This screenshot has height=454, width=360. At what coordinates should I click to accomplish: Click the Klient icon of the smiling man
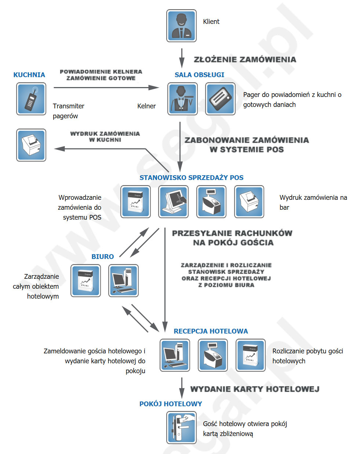click(x=181, y=26)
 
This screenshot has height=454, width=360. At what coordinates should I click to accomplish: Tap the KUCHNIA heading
click(x=29, y=75)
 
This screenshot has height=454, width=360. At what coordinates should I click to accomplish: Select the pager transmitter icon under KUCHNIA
click(x=31, y=99)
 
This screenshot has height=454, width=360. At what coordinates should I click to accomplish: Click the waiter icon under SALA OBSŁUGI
click(x=182, y=99)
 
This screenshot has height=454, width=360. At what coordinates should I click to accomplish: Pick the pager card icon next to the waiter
click(x=220, y=99)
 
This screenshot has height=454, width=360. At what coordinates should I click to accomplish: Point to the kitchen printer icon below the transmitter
click(x=31, y=145)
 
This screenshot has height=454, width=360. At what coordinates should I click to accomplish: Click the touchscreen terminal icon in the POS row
click(x=173, y=202)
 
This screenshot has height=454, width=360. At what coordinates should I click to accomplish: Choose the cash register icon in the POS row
click(x=211, y=202)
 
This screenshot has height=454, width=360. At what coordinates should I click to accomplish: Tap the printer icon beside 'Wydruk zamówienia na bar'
click(x=249, y=202)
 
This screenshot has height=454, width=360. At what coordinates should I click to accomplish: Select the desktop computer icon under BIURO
click(x=124, y=281)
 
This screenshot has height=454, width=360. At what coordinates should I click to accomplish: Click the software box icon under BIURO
click(x=86, y=281)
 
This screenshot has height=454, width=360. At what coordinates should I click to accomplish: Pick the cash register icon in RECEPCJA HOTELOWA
click(x=213, y=355)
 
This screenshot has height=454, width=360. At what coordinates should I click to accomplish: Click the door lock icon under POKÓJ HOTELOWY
click(x=181, y=428)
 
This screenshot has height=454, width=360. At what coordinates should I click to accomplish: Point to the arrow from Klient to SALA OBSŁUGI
click(x=182, y=58)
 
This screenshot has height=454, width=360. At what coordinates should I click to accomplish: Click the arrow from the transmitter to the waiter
click(x=106, y=87)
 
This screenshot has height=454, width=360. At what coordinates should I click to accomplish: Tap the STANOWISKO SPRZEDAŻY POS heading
click(x=192, y=178)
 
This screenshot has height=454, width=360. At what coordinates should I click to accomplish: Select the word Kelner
click(x=146, y=106)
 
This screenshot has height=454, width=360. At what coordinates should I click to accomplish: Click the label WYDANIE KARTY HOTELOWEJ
click(x=255, y=389)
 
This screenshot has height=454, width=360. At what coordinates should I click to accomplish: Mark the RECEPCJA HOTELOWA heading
click(x=211, y=331)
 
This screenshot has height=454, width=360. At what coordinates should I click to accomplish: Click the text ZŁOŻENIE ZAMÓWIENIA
click(x=245, y=60)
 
